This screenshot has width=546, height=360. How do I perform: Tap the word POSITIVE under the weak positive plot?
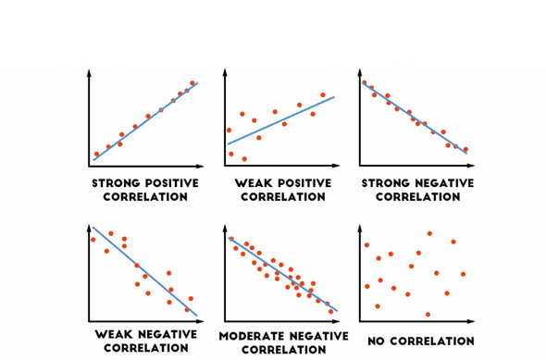299,183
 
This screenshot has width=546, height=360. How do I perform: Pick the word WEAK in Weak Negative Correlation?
114,334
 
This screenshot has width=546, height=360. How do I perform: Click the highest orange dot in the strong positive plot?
192,83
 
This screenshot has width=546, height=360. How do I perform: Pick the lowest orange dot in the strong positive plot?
96,155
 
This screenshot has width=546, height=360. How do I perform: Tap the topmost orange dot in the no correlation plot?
429,233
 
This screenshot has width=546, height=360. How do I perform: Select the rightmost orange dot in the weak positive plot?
323,94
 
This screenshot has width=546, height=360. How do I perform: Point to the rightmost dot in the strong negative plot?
465,149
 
